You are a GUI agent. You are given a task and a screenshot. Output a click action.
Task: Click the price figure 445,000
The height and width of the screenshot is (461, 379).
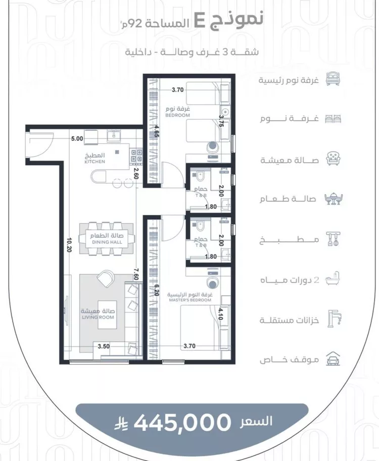tap(182, 423)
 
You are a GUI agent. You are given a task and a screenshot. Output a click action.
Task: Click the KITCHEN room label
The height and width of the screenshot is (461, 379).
tap(94, 162)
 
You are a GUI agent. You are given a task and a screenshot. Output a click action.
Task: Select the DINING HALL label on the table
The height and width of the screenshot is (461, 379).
tap(107, 242)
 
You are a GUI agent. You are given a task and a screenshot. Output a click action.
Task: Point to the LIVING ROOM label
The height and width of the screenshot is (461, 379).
tap(98, 317)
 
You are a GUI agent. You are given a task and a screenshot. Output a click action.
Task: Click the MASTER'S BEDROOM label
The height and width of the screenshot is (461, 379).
tap(190, 300)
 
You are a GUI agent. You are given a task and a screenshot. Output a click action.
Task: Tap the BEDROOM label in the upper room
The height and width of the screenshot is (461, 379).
tap(177, 115)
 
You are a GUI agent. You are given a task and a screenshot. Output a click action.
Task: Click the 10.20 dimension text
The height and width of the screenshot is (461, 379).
tap(69, 245)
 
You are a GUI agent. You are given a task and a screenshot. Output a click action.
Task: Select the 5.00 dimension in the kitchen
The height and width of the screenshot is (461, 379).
tap(77, 139)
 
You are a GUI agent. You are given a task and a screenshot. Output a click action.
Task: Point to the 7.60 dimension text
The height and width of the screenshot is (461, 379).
tap(135, 274)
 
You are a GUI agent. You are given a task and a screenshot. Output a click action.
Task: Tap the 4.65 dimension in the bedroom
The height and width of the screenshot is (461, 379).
tap(157, 131)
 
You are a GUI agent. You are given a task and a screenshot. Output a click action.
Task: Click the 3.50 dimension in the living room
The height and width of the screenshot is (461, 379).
tap(104, 346)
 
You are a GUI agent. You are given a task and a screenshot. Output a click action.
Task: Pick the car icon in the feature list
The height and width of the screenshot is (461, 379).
tap(333, 359)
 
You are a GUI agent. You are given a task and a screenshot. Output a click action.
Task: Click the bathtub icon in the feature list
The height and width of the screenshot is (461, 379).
tap(333, 278)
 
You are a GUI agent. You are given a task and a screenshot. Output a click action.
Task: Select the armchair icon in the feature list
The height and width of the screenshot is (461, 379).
tap(333, 159)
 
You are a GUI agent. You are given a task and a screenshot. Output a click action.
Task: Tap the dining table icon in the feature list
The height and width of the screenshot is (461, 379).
tap(334, 199)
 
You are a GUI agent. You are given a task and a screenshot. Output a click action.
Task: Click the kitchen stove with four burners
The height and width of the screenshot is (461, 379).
tap(136, 156)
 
